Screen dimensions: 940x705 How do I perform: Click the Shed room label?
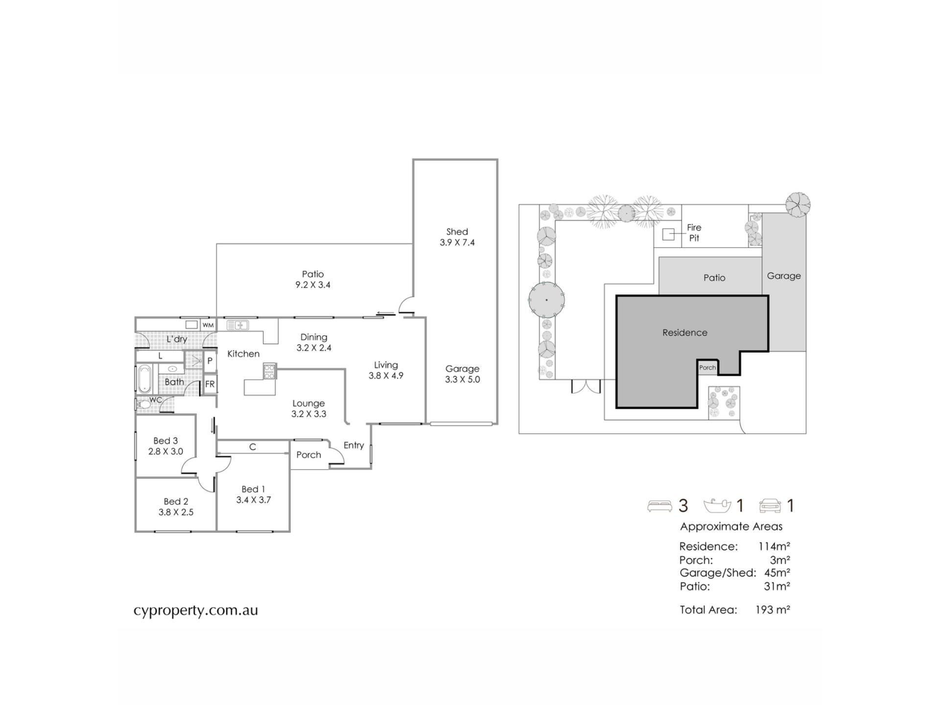(x=457, y=232)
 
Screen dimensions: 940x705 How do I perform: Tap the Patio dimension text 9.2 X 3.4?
(x=313, y=285)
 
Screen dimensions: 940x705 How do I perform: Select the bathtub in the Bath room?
(x=144, y=379)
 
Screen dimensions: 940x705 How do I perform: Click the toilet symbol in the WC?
(x=144, y=405)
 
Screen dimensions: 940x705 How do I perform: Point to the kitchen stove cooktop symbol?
(x=269, y=371)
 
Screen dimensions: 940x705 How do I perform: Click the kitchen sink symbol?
(x=237, y=325)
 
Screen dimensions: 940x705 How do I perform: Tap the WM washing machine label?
(x=208, y=325)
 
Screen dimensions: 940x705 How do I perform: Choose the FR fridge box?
(x=210, y=384)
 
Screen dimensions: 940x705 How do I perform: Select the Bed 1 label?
(x=253, y=489)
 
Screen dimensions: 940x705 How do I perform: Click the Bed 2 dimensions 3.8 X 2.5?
(x=176, y=512)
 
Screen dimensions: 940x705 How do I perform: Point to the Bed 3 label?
(x=165, y=441)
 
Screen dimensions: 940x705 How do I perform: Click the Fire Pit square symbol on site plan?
(x=668, y=235)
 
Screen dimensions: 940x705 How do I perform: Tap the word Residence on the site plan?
(x=684, y=333)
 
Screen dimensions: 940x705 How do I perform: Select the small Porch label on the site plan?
(x=707, y=368)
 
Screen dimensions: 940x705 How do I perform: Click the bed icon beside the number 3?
(x=659, y=506)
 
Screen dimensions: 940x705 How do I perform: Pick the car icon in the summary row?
(x=770, y=506)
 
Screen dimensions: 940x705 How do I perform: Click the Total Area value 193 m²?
(x=773, y=610)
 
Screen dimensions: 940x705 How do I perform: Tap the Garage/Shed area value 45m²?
(x=777, y=572)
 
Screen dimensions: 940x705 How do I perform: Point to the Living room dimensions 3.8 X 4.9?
(x=386, y=376)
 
